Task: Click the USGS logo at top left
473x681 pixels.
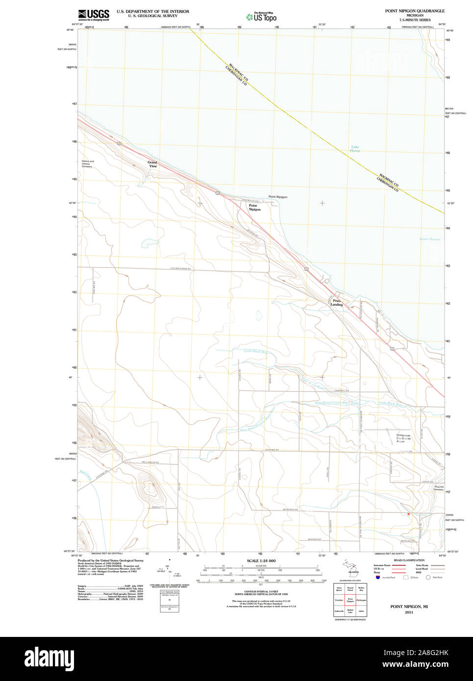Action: point(93,14)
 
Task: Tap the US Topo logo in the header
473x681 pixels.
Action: point(261,17)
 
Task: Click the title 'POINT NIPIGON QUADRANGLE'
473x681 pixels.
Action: point(415,11)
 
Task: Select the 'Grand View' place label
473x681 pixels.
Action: point(152,164)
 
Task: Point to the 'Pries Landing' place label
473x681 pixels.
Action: point(337,303)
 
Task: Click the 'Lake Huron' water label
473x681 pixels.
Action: point(355,149)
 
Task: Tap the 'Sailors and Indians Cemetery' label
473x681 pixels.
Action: point(87,164)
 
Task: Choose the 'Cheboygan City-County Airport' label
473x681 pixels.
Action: point(404,438)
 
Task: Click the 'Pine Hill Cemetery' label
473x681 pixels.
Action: point(439,488)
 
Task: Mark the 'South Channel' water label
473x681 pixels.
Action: point(430,239)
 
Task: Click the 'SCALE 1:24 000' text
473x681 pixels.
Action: point(261,560)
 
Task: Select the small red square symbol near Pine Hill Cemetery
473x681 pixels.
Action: point(408,514)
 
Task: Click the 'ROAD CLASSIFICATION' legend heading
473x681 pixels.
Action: point(409,560)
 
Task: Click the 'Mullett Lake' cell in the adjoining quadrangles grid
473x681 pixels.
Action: point(350,611)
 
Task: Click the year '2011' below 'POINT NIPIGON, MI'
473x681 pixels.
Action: point(409,612)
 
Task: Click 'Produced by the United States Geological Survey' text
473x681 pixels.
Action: point(111,560)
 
